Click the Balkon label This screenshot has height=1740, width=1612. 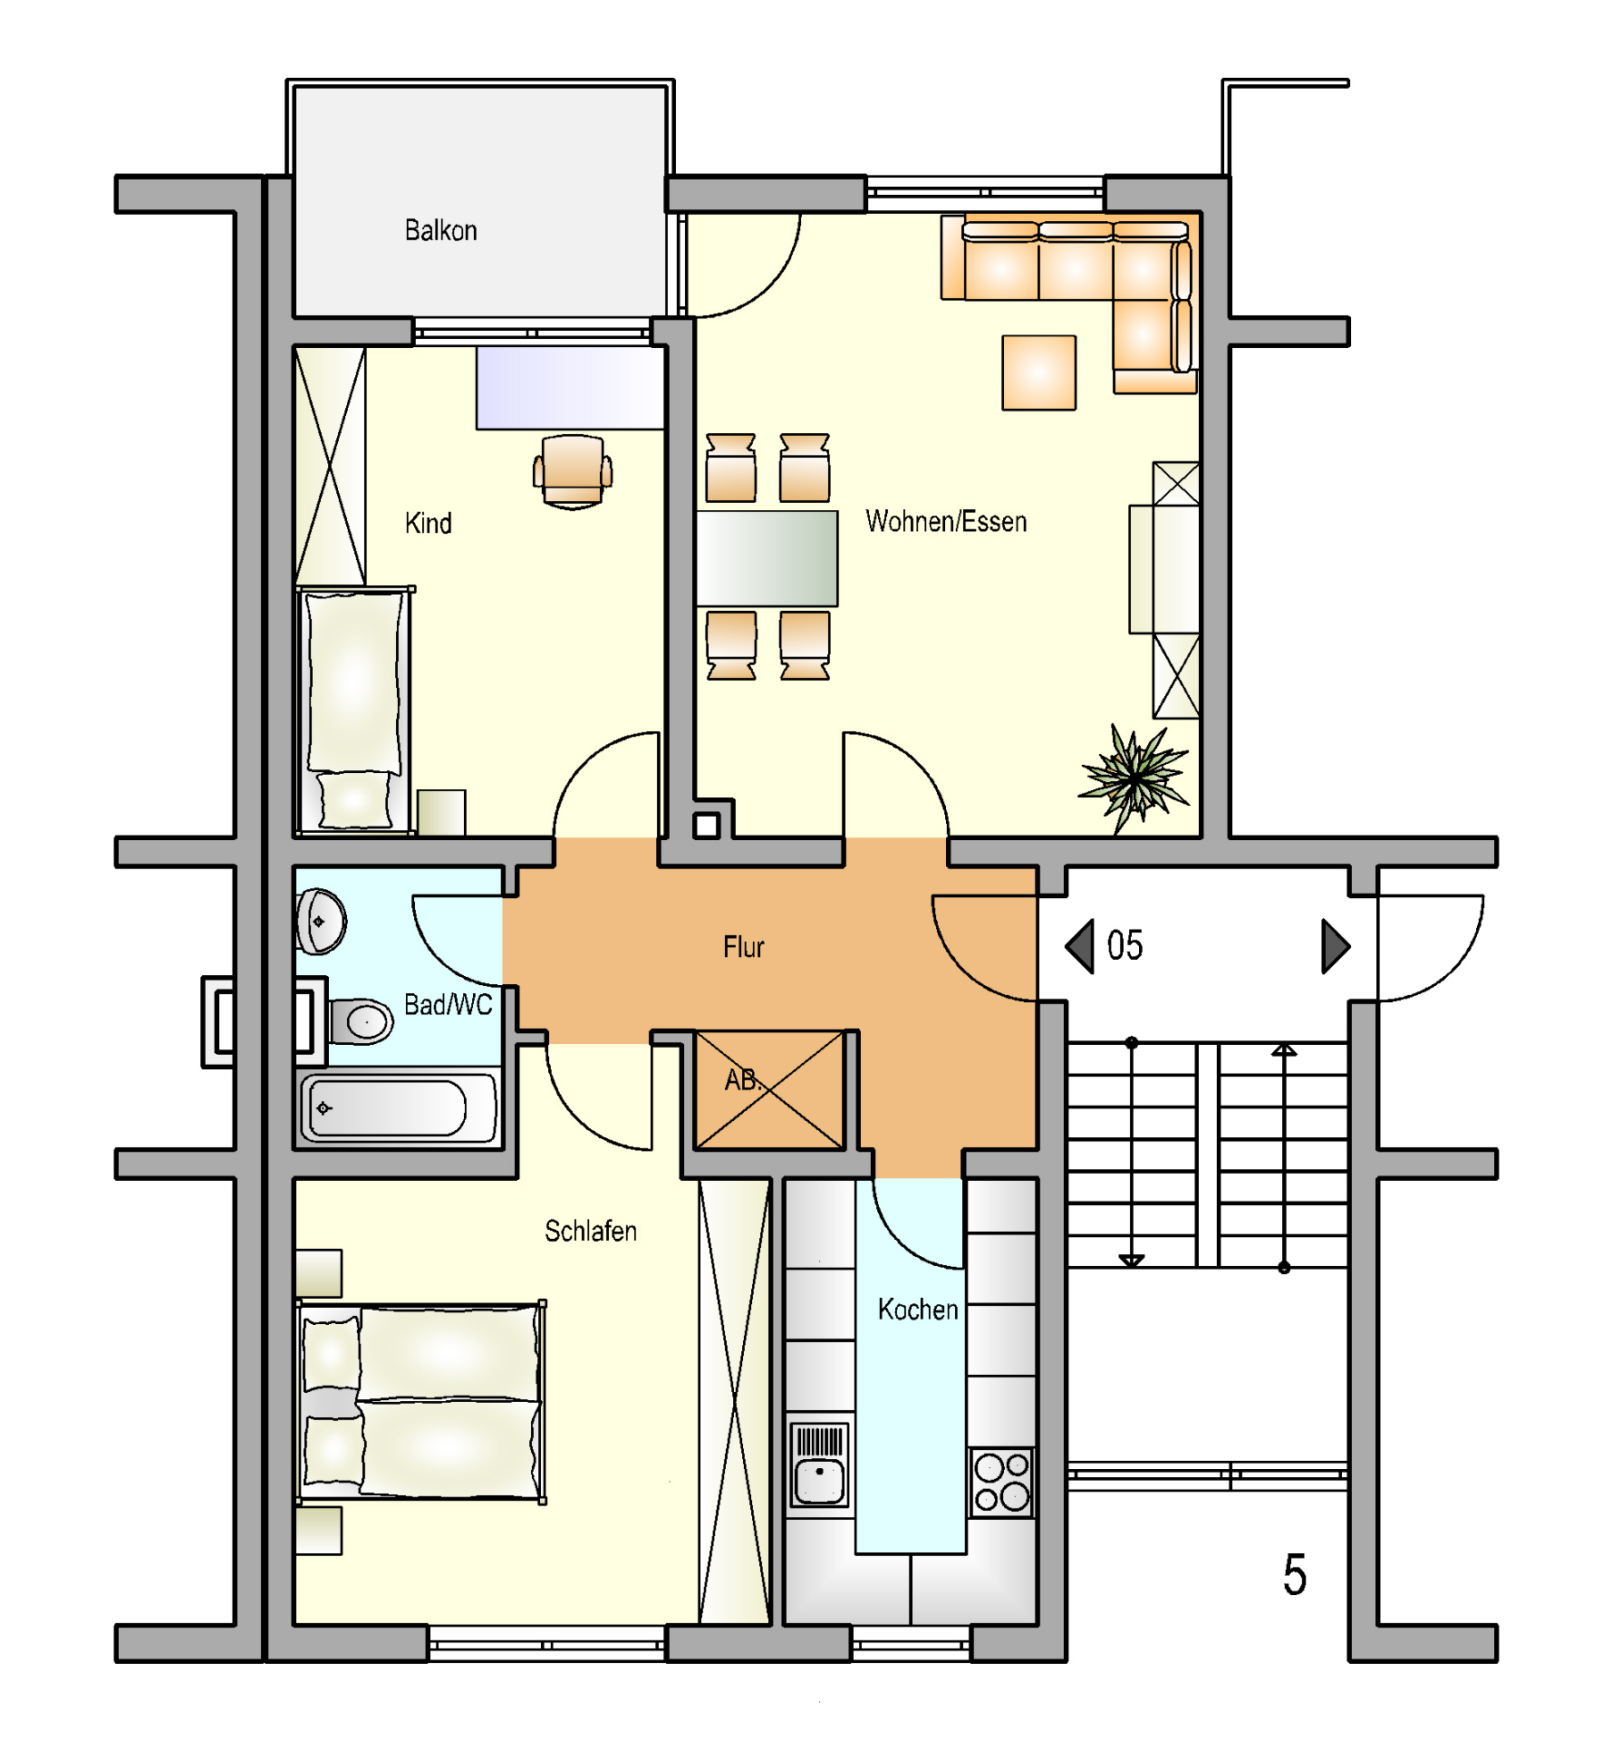tap(440, 230)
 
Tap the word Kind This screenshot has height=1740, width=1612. tap(428, 523)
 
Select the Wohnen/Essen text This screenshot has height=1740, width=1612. tap(946, 521)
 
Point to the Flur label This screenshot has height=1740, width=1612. tap(743, 947)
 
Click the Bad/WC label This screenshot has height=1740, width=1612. tap(448, 1004)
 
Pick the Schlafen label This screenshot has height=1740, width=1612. tap(590, 1231)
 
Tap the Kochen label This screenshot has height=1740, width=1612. tap(917, 1310)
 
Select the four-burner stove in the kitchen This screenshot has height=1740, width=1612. tap(1001, 1482)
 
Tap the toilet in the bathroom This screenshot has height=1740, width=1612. tap(361, 1021)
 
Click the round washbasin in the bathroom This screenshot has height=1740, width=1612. tap(321, 922)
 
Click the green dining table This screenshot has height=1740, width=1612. tap(767, 558)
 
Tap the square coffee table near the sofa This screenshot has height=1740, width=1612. tap(1038, 372)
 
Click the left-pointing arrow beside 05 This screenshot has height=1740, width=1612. tap(1079, 946)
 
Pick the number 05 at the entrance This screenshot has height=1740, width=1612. tap(1125, 946)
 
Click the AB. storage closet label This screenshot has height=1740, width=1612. tap(743, 1079)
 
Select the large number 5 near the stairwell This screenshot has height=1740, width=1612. tap(1294, 1574)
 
